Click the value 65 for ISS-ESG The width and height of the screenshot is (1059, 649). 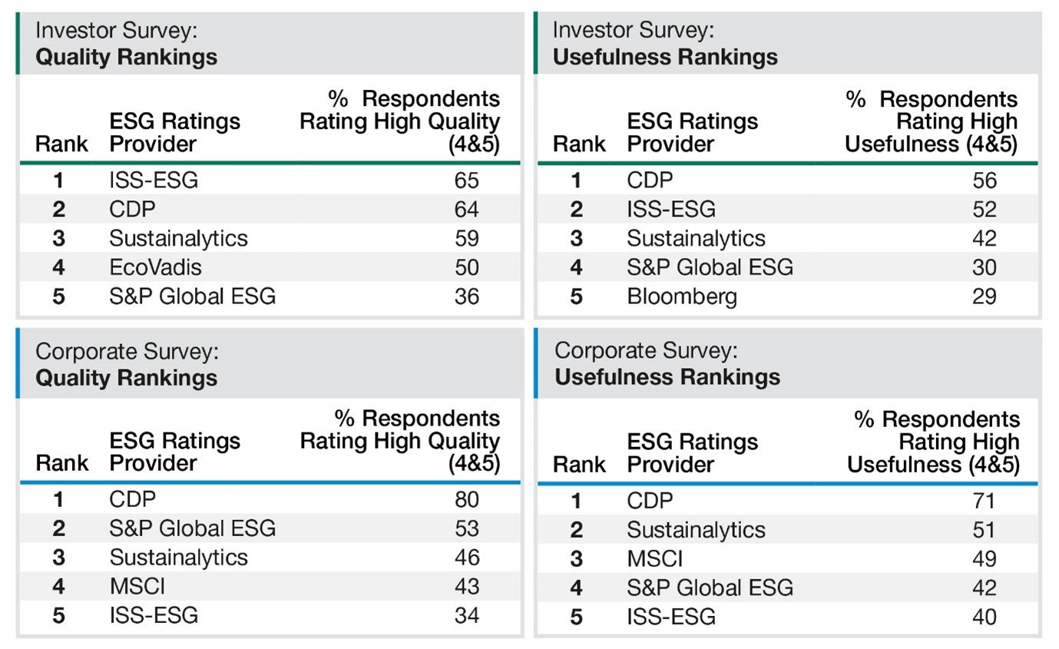tap(465, 180)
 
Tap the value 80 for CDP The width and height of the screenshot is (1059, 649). tap(465, 500)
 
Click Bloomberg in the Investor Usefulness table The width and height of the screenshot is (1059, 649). tap(682, 296)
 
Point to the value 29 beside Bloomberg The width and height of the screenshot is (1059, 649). tap(984, 296)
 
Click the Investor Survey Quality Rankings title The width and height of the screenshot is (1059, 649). tap(127, 45)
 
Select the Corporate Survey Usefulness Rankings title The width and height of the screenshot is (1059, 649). tap(667, 364)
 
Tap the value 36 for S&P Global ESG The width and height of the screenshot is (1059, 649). tap(465, 296)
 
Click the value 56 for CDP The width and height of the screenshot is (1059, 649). tap(984, 180)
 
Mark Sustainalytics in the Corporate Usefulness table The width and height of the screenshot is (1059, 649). tap(696, 530)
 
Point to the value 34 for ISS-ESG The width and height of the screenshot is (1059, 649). tap(465, 615)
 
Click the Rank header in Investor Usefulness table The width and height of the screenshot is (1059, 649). tap(579, 144)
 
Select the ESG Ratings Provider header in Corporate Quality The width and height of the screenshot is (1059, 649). tap(174, 452)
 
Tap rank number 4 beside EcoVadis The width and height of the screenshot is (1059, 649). tap(59, 268)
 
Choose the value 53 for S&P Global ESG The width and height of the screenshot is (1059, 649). tap(465, 528)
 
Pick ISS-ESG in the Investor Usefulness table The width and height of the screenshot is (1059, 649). tap(670, 209)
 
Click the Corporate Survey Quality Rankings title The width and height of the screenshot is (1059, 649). tap(127, 365)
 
